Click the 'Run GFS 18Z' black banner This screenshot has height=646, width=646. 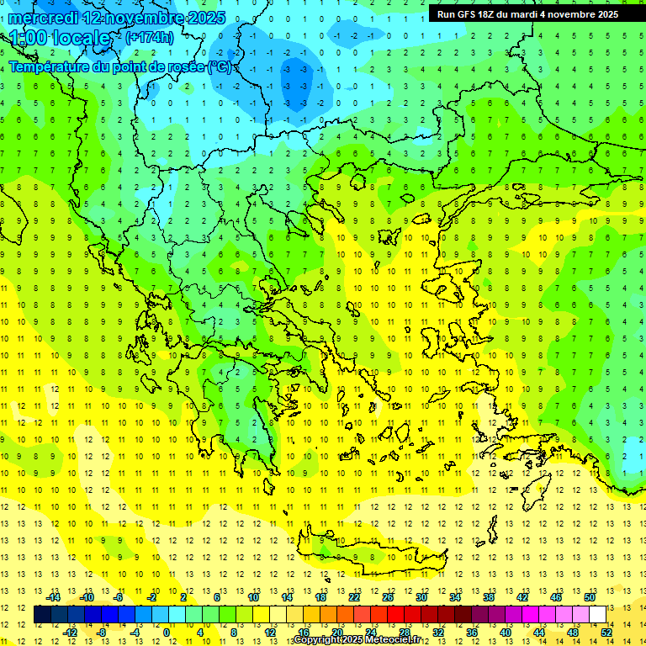(x=527, y=13)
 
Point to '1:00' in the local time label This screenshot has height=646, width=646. (x=27, y=39)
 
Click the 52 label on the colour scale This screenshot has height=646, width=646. (x=606, y=633)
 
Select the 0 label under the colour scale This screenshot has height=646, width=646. (x=166, y=633)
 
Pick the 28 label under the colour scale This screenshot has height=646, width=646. (x=405, y=633)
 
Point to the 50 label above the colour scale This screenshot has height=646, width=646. (x=590, y=597)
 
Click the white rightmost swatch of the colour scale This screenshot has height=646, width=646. (x=598, y=615)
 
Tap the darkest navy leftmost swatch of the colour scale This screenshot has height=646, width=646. (x=42, y=615)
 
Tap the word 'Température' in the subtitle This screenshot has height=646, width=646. (x=50, y=66)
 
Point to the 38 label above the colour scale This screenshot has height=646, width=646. (x=489, y=597)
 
